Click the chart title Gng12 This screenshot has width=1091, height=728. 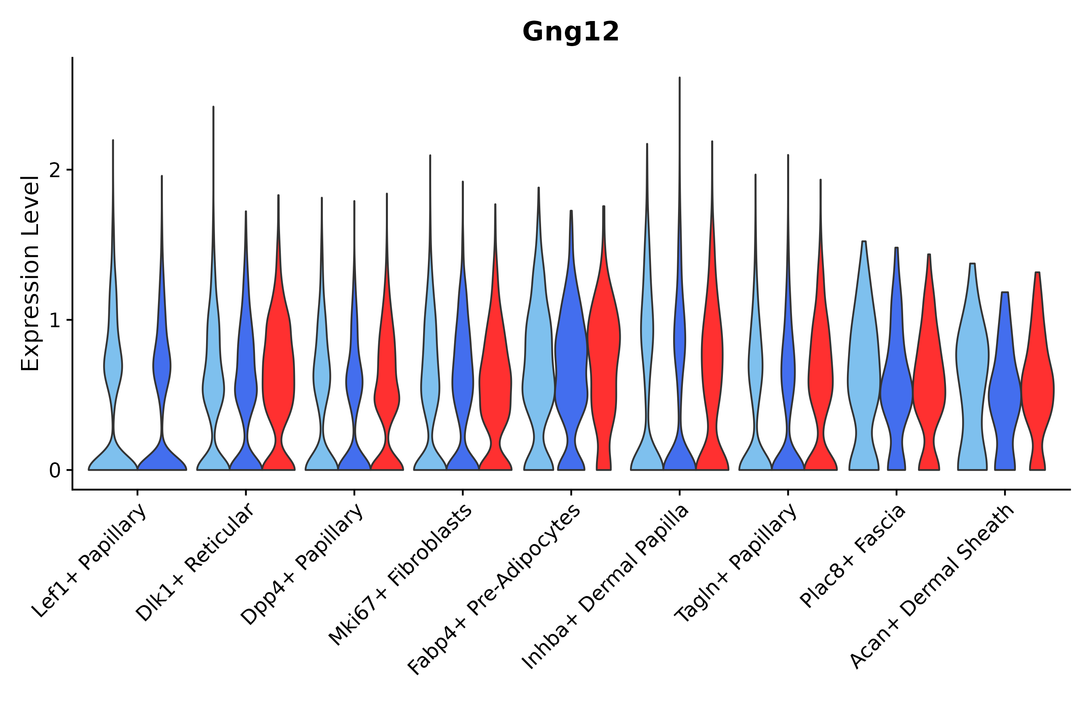[x=571, y=32]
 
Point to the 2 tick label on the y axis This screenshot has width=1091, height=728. [x=55, y=170]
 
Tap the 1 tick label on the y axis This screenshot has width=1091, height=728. [x=55, y=320]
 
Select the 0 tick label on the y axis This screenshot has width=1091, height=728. [x=55, y=471]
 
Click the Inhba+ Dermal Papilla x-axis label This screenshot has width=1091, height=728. [x=606, y=587]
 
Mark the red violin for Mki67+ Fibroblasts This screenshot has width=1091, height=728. [x=495, y=381]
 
